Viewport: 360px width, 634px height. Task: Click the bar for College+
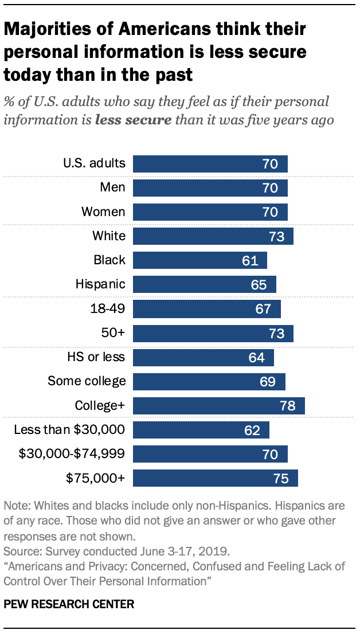coord(218,406)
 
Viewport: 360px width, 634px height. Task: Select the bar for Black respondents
coord(199,261)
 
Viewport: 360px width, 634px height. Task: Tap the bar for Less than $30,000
coord(201,430)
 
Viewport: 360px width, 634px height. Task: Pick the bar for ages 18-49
coord(206,310)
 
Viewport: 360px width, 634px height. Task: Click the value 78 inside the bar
coord(287,406)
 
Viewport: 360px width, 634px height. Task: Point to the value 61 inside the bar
coord(250,261)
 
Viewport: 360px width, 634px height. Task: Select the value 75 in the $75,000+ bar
coord(280,478)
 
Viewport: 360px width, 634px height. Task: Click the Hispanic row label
coord(100,284)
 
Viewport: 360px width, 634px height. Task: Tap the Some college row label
coord(87,381)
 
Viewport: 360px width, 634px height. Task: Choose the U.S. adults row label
coord(94,163)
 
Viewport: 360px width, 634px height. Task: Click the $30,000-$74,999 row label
coord(72,454)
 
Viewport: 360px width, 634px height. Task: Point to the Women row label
coord(103,212)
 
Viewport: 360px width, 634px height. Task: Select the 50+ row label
coord(113,333)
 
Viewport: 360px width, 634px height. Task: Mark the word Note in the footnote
coord(15,507)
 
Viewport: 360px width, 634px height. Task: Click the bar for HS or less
coord(203,358)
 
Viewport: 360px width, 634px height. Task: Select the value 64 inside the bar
coord(257,358)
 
